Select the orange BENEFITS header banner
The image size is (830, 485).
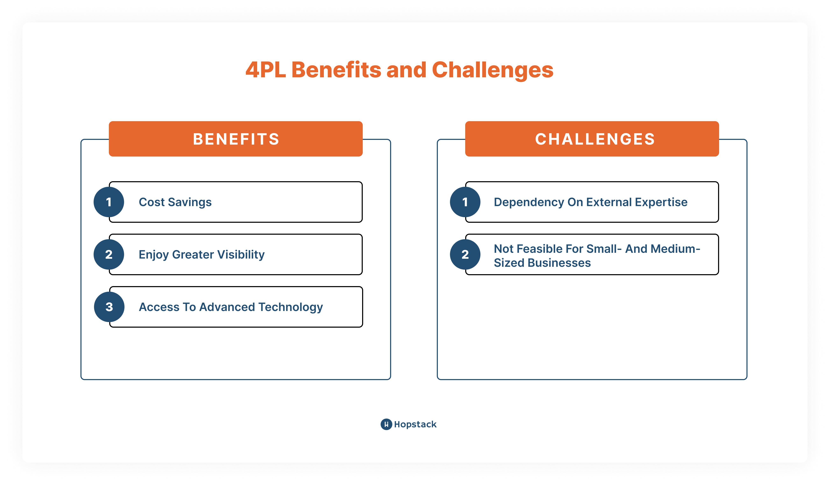tap(236, 139)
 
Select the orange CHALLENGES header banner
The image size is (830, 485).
tap(592, 139)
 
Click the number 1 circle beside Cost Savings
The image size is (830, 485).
tap(109, 202)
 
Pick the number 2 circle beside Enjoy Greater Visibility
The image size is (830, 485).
tap(109, 254)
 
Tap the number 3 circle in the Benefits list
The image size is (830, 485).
tap(109, 307)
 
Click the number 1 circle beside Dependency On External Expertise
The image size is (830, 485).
tap(465, 202)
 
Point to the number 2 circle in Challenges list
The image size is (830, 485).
tap(465, 254)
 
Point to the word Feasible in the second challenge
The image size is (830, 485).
tap(538, 249)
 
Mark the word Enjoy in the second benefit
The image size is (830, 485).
tap(153, 254)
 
